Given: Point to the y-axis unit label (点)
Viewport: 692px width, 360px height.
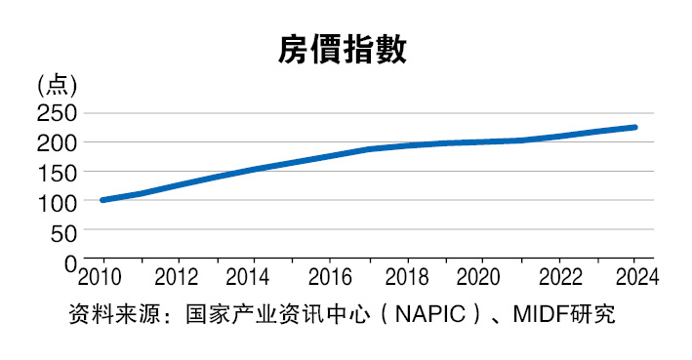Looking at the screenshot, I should click(57, 85).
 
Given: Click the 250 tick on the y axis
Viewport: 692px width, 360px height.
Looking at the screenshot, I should click(57, 112).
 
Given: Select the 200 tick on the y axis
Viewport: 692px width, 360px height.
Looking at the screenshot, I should click(57, 142).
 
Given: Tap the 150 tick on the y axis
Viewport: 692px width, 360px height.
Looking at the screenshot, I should click(57, 173).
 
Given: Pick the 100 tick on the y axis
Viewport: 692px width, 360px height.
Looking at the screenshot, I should click(57, 202).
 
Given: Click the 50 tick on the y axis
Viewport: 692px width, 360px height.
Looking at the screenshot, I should click(62, 232).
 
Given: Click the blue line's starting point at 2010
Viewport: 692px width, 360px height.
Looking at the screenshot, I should click(102, 200).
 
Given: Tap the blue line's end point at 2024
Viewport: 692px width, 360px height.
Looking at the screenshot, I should click(634, 127).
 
